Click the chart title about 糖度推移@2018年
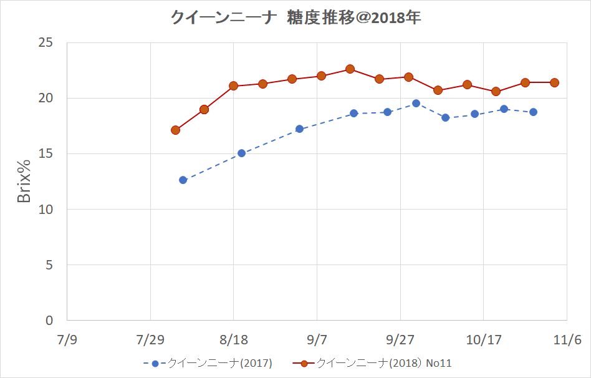click(x=295, y=18)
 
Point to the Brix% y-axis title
click(x=24, y=181)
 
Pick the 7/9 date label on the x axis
click(x=67, y=340)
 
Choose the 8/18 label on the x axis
click(x=233, y=340)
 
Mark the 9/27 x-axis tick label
click(x=400, y=340)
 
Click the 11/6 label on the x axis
click(x=567, y=340)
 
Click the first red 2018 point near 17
click(x=175, y=130)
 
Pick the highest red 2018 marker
click(x=350, y=69)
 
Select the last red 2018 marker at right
click(x=554, y=82)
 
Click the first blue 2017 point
click(x=183, y=180)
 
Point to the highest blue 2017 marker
click(x=416, y=103)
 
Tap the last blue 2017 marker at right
click(x=533, y=112)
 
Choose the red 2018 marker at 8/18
click(x=233, y=85)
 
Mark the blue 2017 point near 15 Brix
click(x=241, y=153)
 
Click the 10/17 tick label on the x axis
click(x=484, y=340)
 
